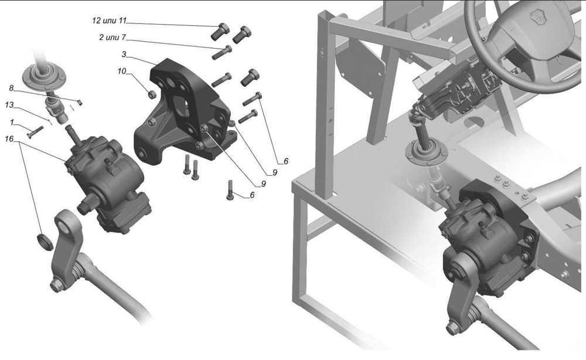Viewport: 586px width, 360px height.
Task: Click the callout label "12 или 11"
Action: [x=110, y=20]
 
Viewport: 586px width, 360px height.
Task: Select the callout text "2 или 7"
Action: [x=113, y=38]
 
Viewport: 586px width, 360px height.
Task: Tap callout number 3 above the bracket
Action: [x=124, y=55]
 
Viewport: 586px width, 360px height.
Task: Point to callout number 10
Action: [x=122, y=71]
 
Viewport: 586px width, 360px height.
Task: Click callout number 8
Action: [x=11, y=88]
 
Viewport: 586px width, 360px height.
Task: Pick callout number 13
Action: [x=9, y=105]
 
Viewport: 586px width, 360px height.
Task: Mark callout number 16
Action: [x=9, y=139]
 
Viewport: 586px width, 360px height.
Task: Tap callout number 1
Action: [x=12, y=122]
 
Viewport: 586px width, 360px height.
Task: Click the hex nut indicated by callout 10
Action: [x=152, y=94]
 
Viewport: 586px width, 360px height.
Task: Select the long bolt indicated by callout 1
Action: [x=35, y=131]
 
